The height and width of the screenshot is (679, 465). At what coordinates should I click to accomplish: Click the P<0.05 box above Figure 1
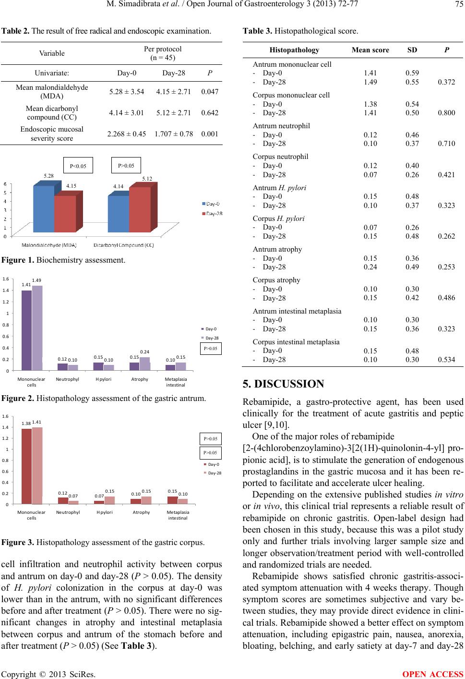point(78,166)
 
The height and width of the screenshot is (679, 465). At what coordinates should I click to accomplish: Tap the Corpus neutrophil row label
point(280,157)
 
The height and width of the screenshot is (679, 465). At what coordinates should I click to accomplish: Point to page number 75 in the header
point(458,6)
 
